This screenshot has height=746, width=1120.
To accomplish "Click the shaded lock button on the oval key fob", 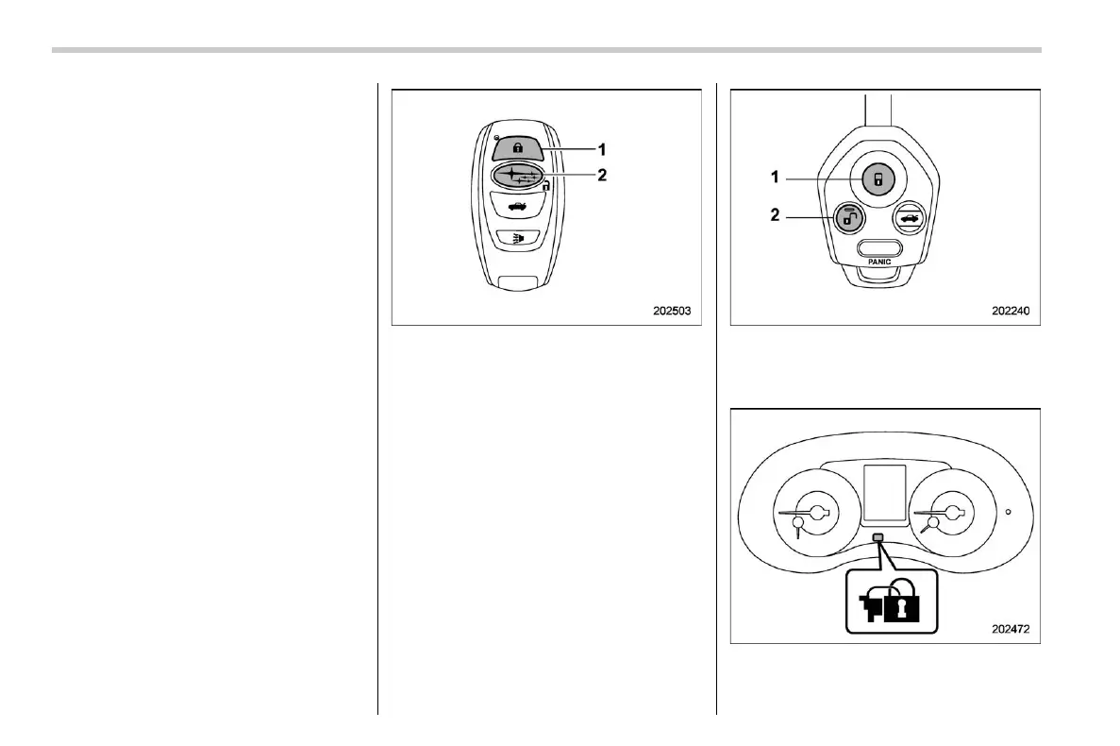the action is click(518, 148).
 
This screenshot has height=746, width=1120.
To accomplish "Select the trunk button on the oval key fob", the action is click(516, 207).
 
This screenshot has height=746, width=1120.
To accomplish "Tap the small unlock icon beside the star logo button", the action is click(545, 187).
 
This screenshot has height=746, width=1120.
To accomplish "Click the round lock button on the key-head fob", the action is click(878, 178).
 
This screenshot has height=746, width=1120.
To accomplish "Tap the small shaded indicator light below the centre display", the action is click(879, 538).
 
